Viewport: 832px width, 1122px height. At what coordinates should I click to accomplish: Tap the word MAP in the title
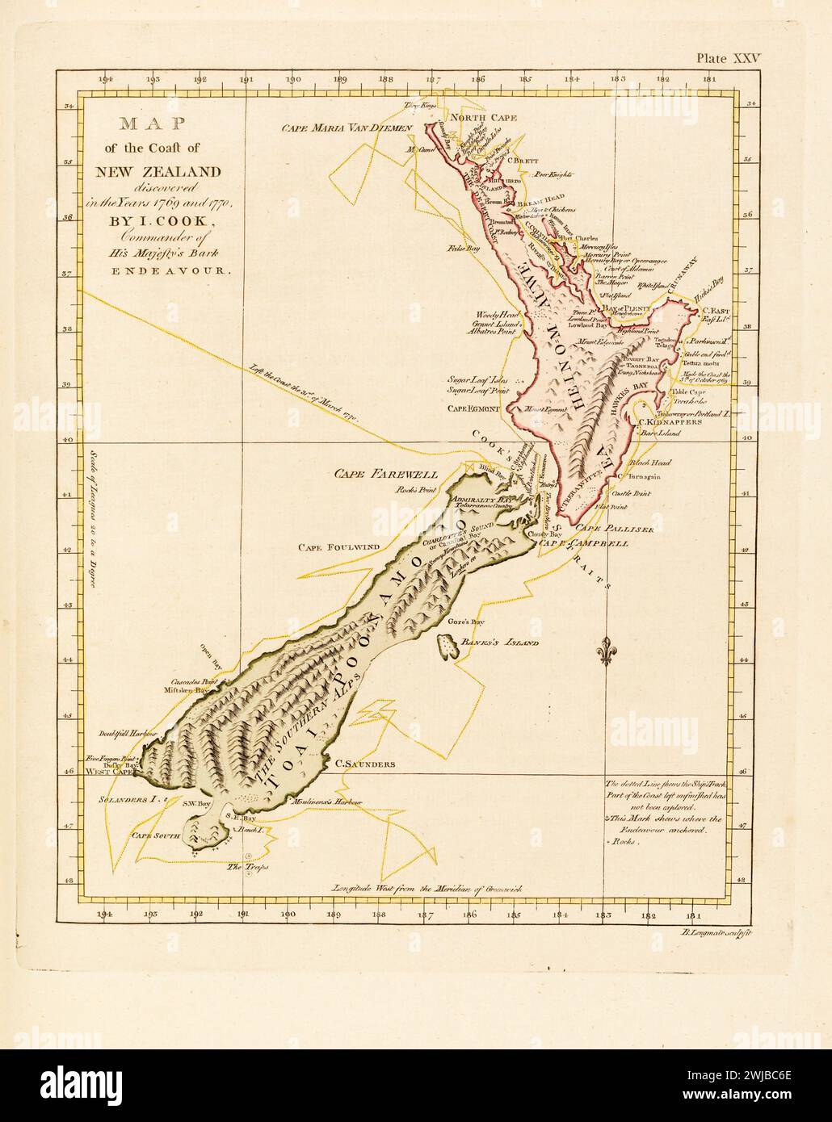click(153, 124)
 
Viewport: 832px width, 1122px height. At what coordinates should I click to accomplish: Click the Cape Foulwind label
click(333, 547)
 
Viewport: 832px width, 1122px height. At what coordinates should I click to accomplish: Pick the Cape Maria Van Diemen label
click(347, 128)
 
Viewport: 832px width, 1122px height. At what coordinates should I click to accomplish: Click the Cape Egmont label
click(477, 408)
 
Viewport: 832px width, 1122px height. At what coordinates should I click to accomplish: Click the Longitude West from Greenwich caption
click(427, 888)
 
